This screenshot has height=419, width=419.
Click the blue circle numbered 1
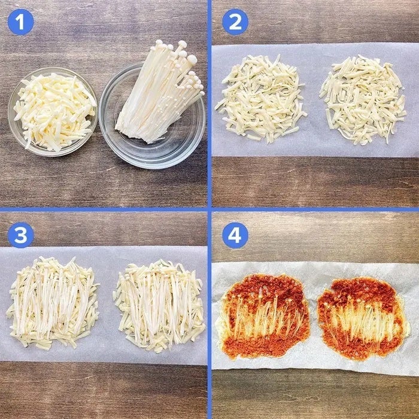[x=20, y=22]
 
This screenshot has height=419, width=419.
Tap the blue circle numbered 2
[x=235, y=22]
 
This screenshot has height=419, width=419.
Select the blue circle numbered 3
[x=20, y=235]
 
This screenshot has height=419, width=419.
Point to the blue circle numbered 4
[x=235, y=235]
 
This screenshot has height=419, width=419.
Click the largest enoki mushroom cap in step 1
[x=192, y=59]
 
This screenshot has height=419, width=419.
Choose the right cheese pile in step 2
[x=363, y=99]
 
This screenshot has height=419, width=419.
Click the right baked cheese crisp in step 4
[x=363, y=318]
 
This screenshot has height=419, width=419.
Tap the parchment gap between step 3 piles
[x=107, y=305]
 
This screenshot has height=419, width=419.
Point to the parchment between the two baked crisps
[x=314, y=318]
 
